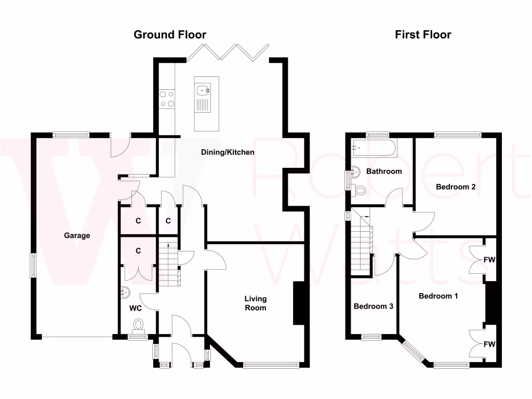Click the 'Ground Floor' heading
(x=170, y=35)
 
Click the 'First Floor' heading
(x=423, y=35)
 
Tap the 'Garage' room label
(x=77, y=235)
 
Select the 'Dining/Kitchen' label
(x=229, y=152)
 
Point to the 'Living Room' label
(x=256, y=303)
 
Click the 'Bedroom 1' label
(x=438, y=296)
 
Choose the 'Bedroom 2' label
(x=456, y=187)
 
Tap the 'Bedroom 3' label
(x=373, y=306)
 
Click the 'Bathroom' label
(x=384, y=171)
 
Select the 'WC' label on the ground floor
(x=136, y=308)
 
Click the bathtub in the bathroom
(x=374, y=148)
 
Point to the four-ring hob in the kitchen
(x=167, y=99)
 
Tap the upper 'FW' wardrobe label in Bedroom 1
(x=489, y=259)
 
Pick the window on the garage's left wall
(x=33, y=265)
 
